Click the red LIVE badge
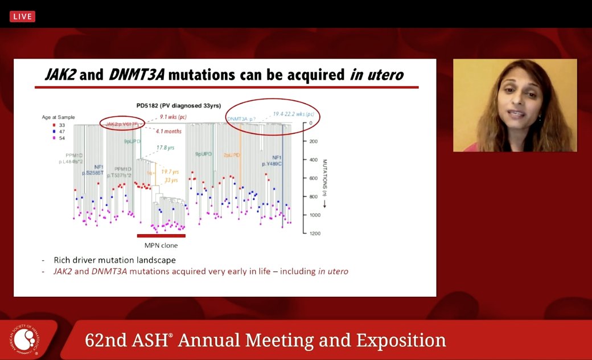coord(22,17)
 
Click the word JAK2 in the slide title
coord(60,75)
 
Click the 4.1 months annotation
coord(169,131)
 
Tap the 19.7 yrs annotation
coord(170,171)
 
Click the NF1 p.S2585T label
coord(98,169)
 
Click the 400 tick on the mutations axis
coord(313,160)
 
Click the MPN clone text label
coord(161,246)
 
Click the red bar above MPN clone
coord(161,236)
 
